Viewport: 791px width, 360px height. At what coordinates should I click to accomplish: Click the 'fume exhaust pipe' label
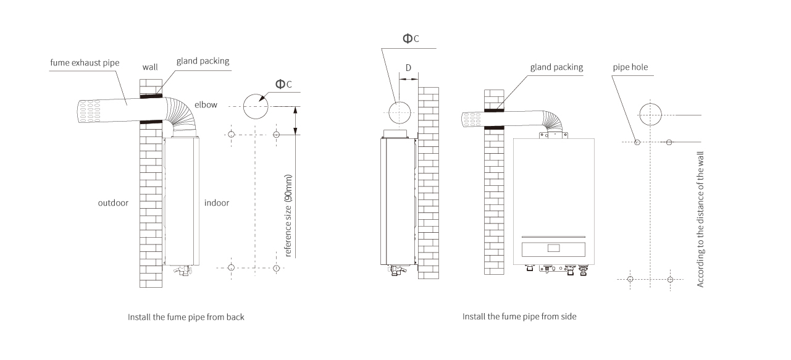[85, 63]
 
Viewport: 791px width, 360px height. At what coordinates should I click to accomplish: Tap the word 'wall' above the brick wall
[150, 67]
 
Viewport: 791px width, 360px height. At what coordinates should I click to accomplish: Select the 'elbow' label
[206, 104]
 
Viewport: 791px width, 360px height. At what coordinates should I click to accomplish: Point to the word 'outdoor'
[113, 203]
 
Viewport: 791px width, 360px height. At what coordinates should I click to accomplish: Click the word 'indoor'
[217, 203]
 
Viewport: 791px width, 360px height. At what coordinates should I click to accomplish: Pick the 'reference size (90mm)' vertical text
[288, 216]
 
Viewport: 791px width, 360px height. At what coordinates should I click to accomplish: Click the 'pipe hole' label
[630, 67]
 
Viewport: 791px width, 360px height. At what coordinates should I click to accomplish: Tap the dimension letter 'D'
[408, 68]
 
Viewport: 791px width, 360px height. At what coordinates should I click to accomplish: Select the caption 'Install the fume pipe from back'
[186, 317]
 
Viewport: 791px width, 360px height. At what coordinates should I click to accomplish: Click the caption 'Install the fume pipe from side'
[519, 316]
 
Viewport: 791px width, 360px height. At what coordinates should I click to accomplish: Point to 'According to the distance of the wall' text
[700, 219]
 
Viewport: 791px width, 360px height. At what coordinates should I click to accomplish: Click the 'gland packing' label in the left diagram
[203, 61]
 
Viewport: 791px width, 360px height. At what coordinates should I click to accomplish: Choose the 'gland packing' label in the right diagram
[556, 67]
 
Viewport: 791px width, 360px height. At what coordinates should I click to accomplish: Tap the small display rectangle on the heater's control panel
[553, 248]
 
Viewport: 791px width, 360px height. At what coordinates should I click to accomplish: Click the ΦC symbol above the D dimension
[411, 38]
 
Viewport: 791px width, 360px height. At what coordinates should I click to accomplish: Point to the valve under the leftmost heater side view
[397, 270]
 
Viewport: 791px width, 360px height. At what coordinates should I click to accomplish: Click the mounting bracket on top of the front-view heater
[553, 135]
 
